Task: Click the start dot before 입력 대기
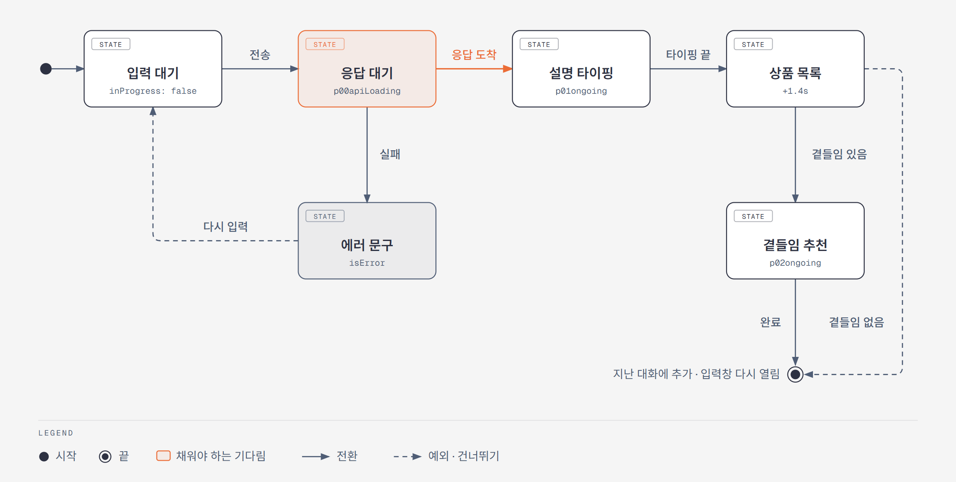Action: point(46,69)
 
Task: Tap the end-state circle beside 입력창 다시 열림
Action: point(795,374)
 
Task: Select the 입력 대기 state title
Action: point(153,73)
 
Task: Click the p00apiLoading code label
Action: point(367,91)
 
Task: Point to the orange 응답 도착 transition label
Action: point(474,55)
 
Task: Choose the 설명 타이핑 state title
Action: point(581,73)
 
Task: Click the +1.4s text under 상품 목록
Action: point(795,91)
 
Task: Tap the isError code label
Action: point(367,263)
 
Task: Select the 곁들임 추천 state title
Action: point(795,245)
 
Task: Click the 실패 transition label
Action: point(390,154)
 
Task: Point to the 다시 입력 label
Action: point(226,226)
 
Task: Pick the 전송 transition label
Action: point(260,55)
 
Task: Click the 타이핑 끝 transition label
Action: point(688,55)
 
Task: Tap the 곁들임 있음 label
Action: point(840,154)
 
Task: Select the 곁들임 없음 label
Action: point(856,322)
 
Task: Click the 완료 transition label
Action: point(770,322)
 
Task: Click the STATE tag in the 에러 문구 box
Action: point(325,216)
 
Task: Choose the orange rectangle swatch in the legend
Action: point(163,456)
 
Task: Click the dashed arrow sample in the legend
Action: point(408,456)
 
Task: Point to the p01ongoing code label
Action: point(581,91)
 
